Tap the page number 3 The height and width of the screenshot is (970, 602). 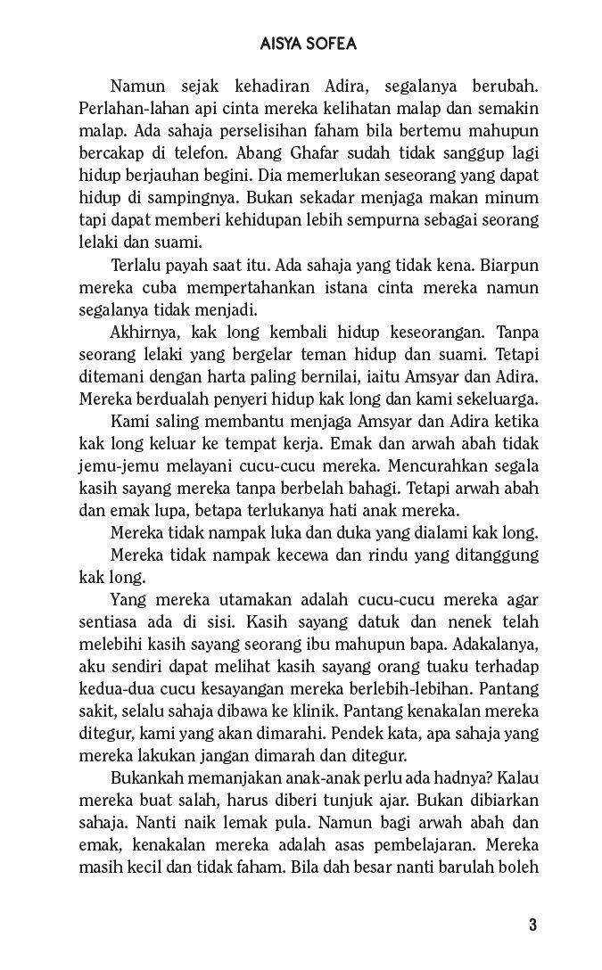coord(532,924)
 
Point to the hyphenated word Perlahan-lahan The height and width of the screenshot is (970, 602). coord(128,109)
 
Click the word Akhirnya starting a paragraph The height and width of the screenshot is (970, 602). coord(143,332)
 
